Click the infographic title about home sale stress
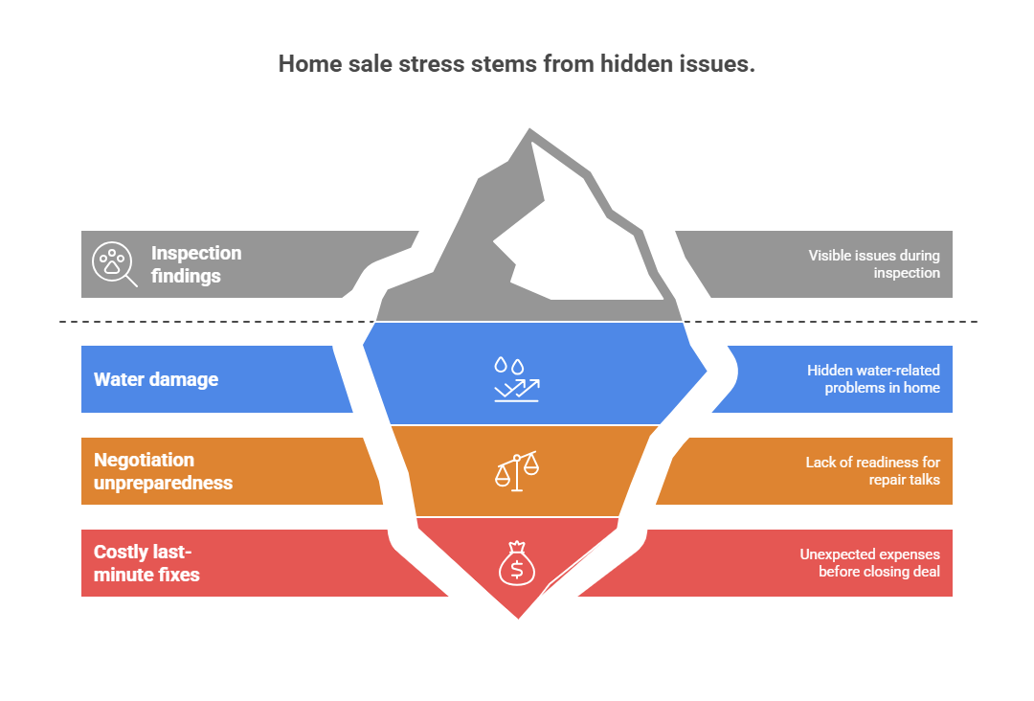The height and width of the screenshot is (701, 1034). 517,64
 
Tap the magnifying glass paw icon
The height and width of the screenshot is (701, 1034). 113,263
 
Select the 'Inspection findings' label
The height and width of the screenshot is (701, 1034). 196,264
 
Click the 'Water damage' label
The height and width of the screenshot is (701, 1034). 156,379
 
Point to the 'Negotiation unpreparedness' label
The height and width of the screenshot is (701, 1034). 163,471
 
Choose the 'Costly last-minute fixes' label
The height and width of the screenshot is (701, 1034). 146,563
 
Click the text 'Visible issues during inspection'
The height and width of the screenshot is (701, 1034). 873,264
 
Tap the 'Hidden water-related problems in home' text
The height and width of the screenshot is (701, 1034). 873,379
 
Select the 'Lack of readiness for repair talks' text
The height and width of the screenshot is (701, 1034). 872,471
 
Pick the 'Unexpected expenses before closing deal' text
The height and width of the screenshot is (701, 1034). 869,563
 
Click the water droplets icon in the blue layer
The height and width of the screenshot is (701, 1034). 509,366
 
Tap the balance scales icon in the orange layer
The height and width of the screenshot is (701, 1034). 517,471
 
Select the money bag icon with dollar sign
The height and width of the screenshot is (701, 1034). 516,563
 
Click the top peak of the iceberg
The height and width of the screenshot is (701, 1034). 529,132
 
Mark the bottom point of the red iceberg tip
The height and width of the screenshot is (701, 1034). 518,616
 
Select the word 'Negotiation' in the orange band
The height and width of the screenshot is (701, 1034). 144,460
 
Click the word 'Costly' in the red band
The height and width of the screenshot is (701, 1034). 122,553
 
